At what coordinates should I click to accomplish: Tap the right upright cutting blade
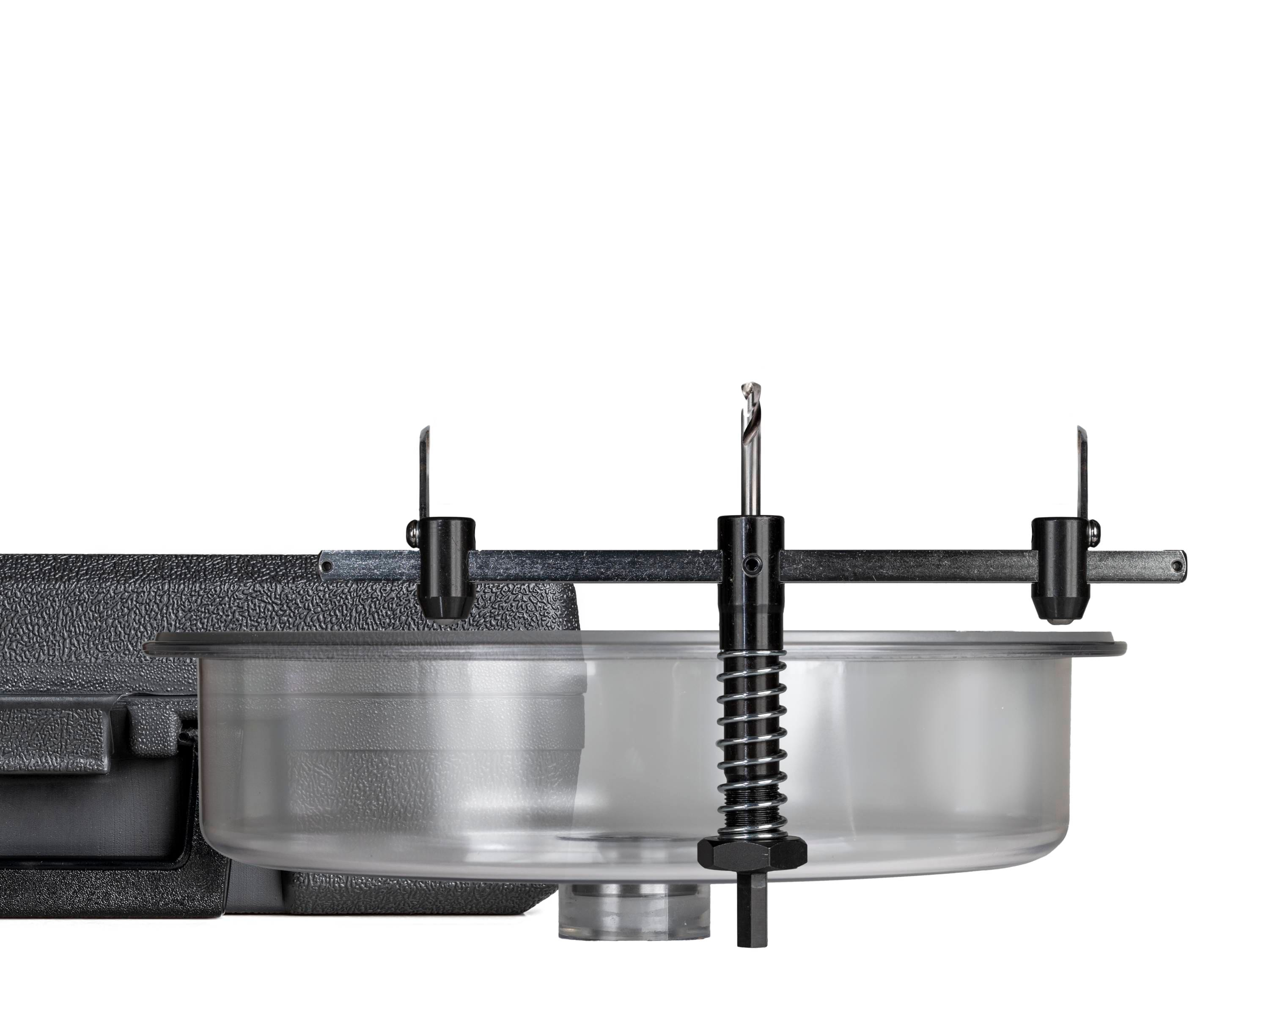pyautogui.click(x=1081, y=471)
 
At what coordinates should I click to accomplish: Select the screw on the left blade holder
pyautogui.click(x=412, y=533)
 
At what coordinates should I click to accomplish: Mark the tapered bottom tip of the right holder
pyautogui.click(x=1057, y=610)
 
